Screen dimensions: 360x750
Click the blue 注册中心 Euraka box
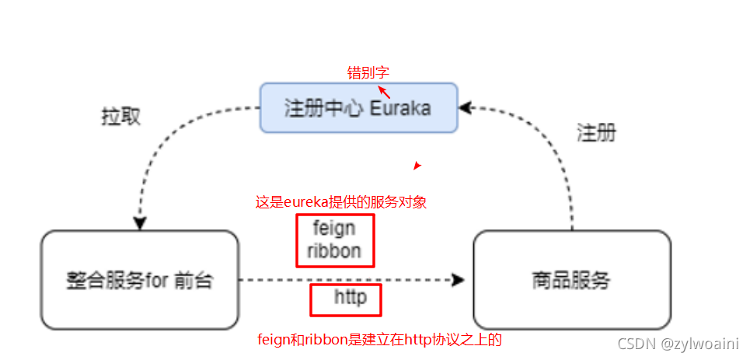click(x=358, y=107)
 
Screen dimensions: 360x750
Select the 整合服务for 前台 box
click(x=140, y=280)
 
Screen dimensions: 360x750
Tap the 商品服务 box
click(x=571, y=280)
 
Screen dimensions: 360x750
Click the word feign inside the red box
click(x=334, y=229)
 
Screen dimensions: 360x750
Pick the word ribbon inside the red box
click(x=334, y=251)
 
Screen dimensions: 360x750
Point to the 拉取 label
click(x=121, y=117)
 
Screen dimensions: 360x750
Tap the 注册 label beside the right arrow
click(x=596, y=133)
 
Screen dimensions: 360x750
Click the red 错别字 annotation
click(x=368, y=73)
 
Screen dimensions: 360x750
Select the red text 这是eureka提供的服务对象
click(x=341, y=202)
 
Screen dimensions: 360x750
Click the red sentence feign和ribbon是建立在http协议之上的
click(x=385, y=340)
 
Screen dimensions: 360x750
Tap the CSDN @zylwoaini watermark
click(x=677, y=343)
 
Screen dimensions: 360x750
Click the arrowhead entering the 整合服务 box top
click(x=140, y=223)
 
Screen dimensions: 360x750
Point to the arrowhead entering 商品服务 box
click(x=459, y=280)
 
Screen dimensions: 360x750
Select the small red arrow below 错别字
click(x=384, y=93)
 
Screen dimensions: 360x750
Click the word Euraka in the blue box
click(x=399, y=108)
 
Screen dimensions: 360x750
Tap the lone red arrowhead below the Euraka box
click(x=417, y=166)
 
